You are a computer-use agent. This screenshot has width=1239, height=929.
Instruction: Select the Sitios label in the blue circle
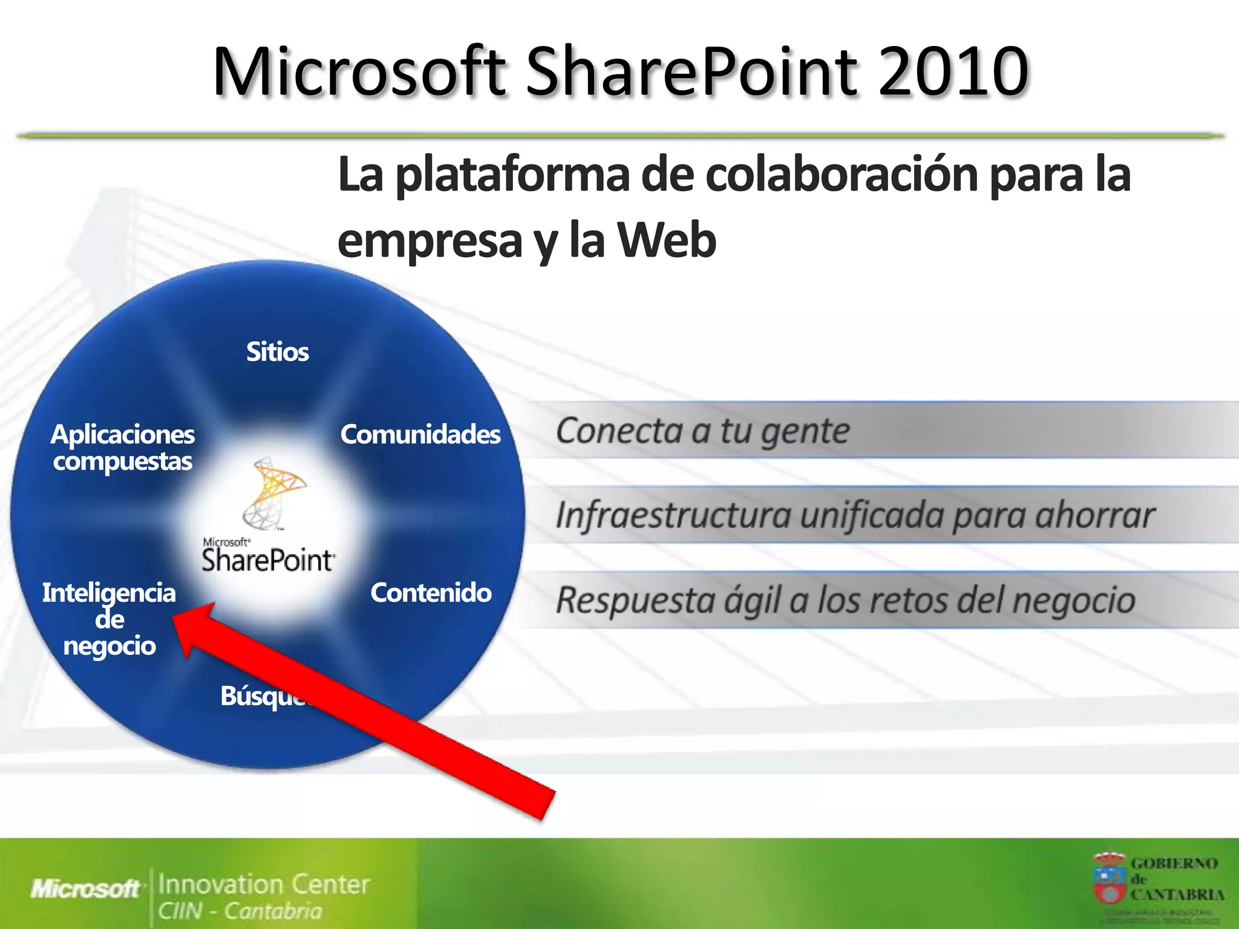coord(277,352)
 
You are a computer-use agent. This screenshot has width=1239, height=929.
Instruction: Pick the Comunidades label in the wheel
coord(420,434)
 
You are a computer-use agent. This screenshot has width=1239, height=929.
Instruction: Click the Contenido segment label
coord(431,593)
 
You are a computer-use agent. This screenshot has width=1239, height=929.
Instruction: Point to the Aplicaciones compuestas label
coord(123,448)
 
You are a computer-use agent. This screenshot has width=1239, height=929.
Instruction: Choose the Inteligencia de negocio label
coord(109,619)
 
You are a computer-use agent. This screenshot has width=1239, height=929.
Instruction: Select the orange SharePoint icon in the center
coord(276,493)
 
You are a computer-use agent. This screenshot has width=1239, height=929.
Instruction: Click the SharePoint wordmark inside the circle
coord(267,560)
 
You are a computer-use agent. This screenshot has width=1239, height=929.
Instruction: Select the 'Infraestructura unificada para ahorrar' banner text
coord(854,516)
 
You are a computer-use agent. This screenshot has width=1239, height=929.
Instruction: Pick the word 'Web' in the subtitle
coord(667,241)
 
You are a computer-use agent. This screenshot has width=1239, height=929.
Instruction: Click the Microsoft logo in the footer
coord(85,889)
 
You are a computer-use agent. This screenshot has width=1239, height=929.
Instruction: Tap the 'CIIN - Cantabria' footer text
coord(240,911)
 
